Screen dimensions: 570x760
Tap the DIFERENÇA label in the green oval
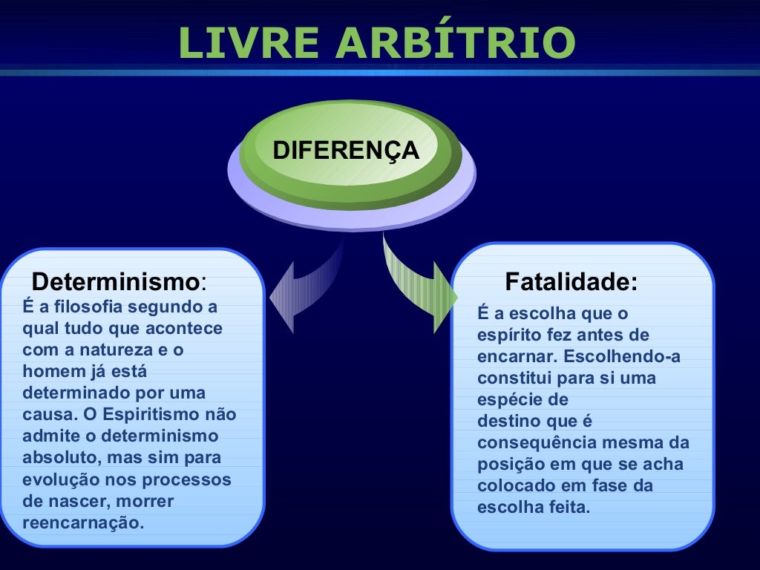(x=346, y=151)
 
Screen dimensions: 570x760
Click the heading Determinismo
(x=116, y=282)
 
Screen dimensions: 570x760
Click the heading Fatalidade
(x=571, y=282)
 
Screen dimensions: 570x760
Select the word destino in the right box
(x=502, y=422)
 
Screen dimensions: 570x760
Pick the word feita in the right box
(x=567, y=508)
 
